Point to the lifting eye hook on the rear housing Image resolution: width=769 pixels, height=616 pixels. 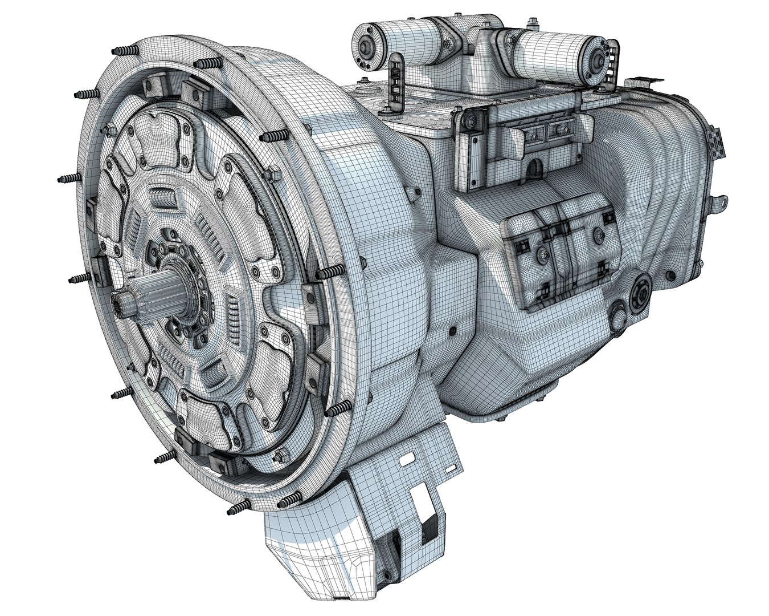click(719, 202)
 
